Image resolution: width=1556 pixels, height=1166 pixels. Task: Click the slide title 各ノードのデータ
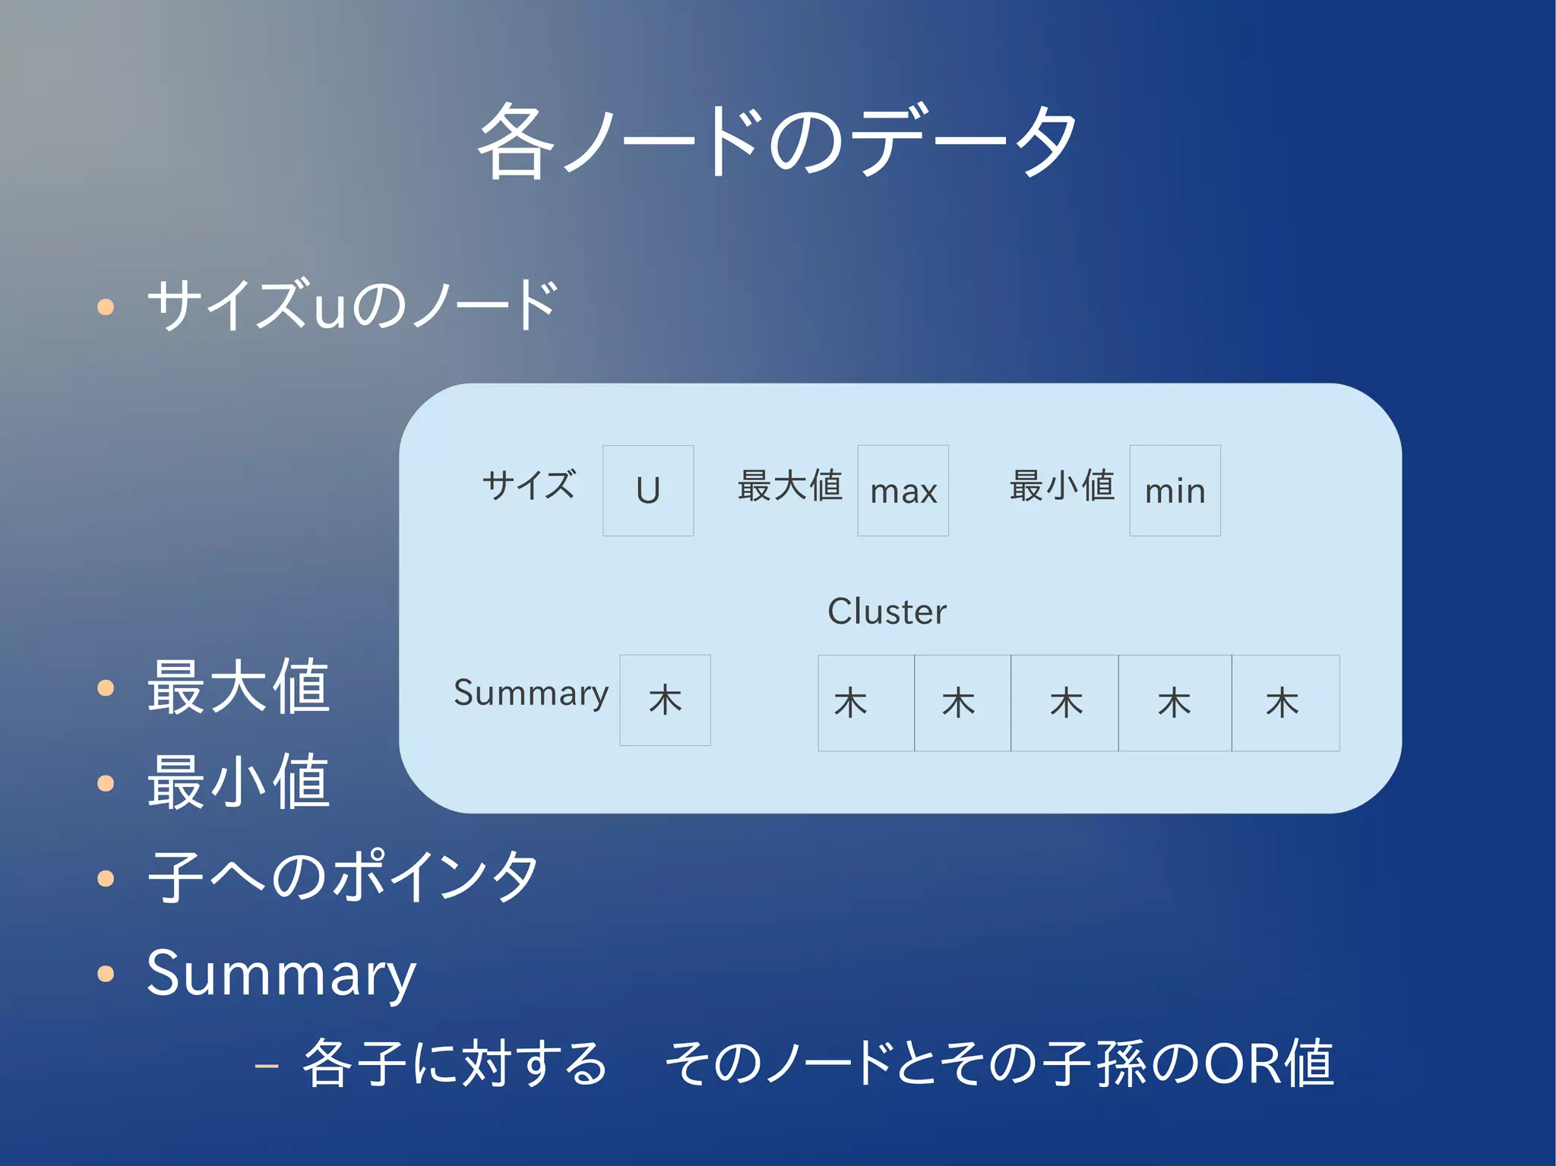tap(776, 142)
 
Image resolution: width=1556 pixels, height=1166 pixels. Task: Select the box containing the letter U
tap(648, 491)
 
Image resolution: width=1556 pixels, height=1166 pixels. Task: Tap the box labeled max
tap(903, 491)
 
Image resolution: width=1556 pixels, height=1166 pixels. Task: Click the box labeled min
tap(1175, 491)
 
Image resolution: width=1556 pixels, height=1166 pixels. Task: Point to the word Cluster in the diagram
tap(887, 611)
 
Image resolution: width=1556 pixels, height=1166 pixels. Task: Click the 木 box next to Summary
tap(665, 700)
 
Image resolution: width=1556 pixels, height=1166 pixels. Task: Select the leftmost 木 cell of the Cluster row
tap(865, 703)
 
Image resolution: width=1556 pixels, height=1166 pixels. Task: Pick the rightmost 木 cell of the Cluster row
tap(1286, 703)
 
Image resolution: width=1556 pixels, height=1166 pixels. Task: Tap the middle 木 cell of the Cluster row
tap(1064, 703)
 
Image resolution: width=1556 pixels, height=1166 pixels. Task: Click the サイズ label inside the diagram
tap(529, 485)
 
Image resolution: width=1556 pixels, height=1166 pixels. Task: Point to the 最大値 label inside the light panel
tap(789, 485)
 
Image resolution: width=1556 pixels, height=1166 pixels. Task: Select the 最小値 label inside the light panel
tap(1061, 485)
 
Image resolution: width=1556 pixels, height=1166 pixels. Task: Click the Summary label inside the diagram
tap(531, 693)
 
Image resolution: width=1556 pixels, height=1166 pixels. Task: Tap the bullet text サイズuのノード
tap(353, 305)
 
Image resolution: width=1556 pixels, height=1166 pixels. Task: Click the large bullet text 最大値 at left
tap(239, 687)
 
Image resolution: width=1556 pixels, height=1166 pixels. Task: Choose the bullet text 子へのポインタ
tap(343, 877)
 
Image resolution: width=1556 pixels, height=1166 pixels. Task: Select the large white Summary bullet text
tap(281, 974)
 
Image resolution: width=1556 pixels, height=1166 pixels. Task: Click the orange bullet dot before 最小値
tap(106, 783)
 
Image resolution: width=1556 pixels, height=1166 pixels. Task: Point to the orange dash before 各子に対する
tap(267, 1066)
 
